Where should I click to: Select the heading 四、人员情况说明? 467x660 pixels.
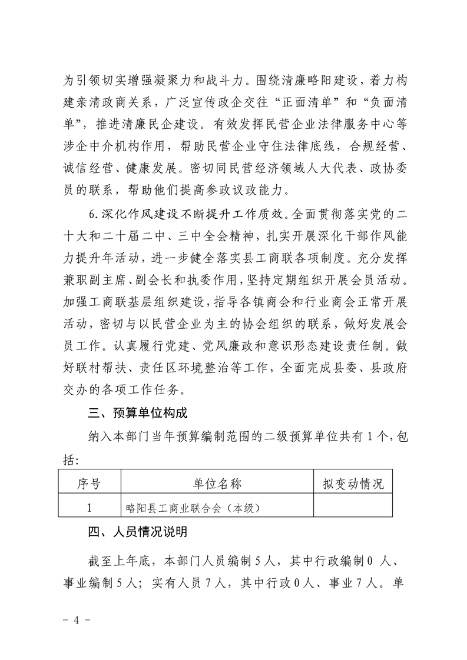click(135, 532)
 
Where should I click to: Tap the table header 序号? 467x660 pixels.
click(90, 484)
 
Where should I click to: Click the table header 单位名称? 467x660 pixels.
click(217, 484)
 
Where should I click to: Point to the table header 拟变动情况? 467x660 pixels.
click(353, 484)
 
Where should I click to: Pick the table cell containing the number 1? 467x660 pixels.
click(90, 506)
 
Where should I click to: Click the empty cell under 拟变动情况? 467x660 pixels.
click(353, 506)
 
